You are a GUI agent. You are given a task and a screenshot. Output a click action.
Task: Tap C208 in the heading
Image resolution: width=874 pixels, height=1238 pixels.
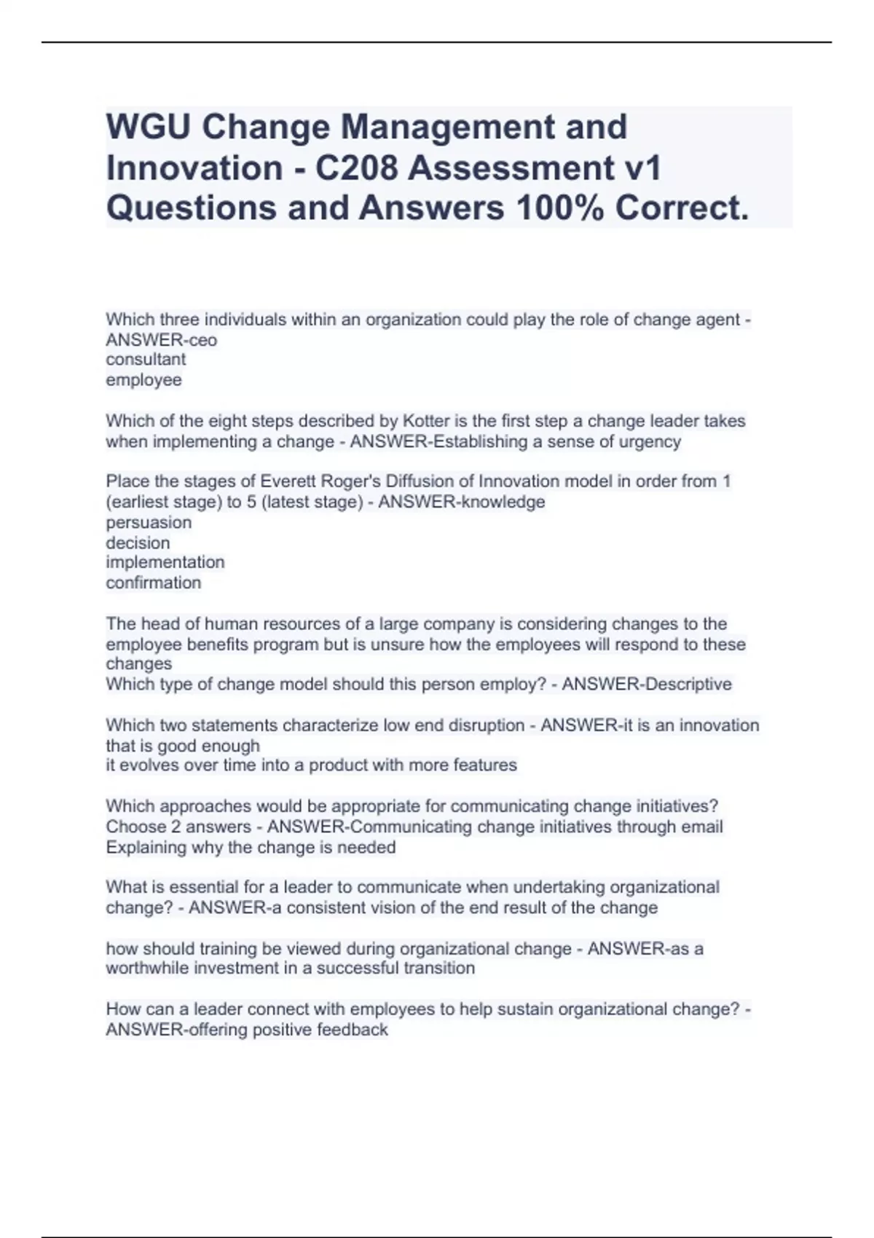[x=357, y=168]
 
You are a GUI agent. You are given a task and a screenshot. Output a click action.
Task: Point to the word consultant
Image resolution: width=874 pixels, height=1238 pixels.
[x=146, y=360]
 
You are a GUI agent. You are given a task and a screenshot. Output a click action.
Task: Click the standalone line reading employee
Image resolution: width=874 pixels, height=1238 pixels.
[x=143, y=380]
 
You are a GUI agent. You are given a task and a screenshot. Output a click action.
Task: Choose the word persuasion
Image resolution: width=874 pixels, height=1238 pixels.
[x=149, y=523]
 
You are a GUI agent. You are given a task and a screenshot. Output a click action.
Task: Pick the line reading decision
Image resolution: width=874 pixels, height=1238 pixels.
[x=138, y=543]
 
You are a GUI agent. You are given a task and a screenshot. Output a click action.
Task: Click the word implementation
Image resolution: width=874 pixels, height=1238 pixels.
[x=165, y=563]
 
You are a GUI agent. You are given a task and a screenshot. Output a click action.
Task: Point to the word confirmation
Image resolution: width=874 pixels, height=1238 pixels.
[x=153, y=583]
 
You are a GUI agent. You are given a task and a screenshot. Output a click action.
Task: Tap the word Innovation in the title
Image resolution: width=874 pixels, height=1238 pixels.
[x=194, y=168]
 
